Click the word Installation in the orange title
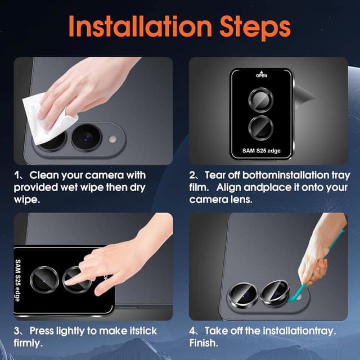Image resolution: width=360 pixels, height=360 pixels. click(140, 26)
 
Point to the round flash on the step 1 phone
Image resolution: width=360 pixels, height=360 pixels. click(112, 139)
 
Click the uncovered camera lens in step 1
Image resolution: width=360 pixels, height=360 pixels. click(86, 138)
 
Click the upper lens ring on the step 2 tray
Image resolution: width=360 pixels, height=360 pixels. click(261, 100)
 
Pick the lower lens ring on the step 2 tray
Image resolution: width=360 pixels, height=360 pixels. click(261, 128)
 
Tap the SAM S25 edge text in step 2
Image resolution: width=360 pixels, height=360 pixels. click(262, 151)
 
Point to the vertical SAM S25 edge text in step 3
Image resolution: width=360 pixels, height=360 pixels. click(17, 280)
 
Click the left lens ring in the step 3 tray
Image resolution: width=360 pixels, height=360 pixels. click(44, 280)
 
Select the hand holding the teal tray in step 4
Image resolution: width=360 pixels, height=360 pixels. click(321, 253)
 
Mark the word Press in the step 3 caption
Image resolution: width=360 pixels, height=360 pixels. click(41, 331)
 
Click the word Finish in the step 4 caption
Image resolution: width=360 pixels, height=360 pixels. click(203, 343)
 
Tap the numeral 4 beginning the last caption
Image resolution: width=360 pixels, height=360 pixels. click(192, 331)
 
